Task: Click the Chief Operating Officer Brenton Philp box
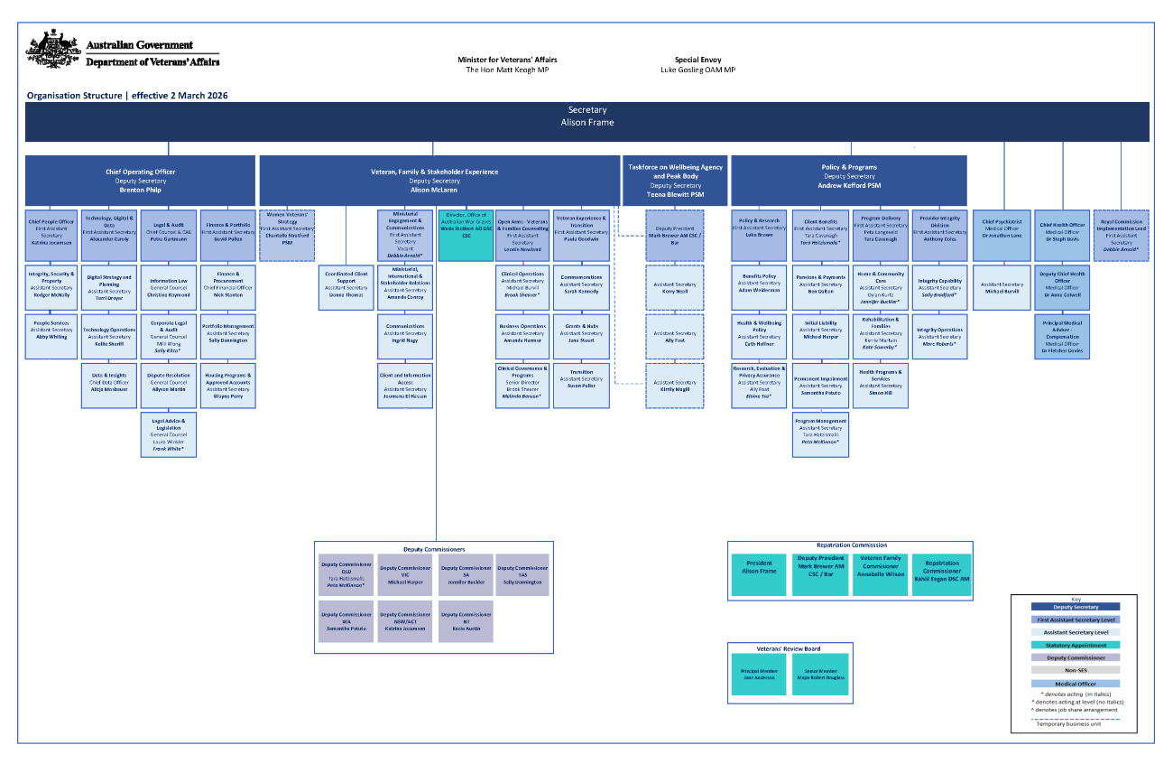coord(140,180)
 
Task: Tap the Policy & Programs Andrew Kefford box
coord(848,180)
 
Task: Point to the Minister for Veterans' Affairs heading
coord(507,60)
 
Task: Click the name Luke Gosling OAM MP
coord(697,70)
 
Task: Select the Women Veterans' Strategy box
coord(287,235)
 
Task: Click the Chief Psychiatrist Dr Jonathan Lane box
coord(1001,234)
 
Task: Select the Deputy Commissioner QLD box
coord(345,574)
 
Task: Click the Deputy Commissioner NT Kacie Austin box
coord(466,622)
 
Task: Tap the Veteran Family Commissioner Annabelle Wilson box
coord(881,574)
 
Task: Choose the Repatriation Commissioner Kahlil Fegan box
coord(941,574)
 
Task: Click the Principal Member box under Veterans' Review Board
coord(759,675)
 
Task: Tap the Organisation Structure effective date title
coord(126,95)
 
